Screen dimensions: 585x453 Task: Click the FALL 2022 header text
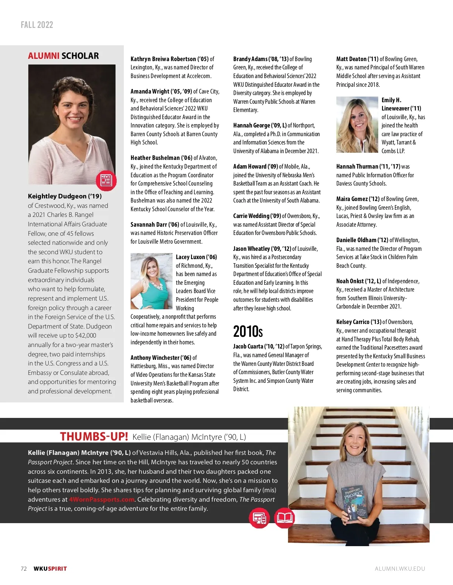click(x=37, y=25)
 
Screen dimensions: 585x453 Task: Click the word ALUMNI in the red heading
click(x=43, y=56)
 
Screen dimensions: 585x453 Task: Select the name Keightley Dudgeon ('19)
click(x=65, y=196)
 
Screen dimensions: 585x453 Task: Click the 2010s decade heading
click(x=248, y=332)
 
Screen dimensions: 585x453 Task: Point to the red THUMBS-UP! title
click(x=94, y=436)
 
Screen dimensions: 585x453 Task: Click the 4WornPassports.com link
click(x=102, y=499)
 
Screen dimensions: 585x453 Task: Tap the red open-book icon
click(x=284, y=517)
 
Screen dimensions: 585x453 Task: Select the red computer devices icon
click(x=259, y=517)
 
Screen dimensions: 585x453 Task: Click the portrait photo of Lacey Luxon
click(x=151, y=281)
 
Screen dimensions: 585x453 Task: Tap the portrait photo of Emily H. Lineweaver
click(x=357, y=124)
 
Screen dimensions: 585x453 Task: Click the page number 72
click(x=24, y=569)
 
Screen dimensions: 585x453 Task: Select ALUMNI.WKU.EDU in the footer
click(x=400, y=569)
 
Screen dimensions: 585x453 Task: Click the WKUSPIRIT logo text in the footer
click(x=50, y=569)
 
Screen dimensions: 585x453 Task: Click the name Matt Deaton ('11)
click(x=357, y=59)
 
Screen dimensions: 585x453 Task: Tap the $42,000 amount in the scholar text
click(x=86, y=335)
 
